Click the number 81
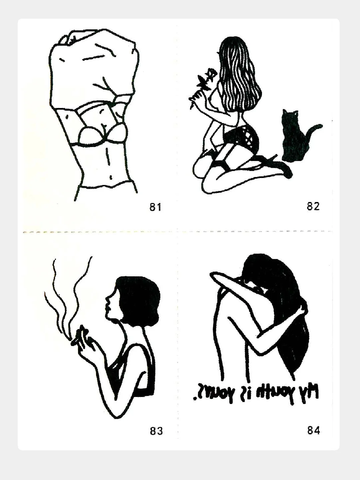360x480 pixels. click(x=155, y=207)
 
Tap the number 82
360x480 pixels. click(x=313, y=206)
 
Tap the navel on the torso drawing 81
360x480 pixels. click(x=111, y=177)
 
